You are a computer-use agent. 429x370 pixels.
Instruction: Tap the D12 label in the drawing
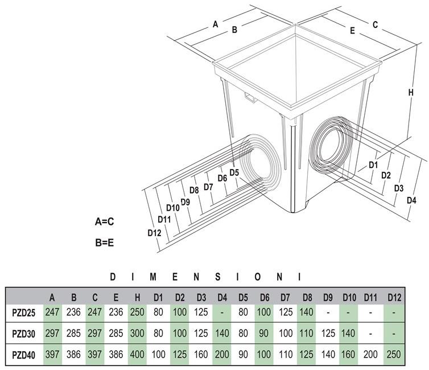click(154, 233)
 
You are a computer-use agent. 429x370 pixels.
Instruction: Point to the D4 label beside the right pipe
click(412, 200)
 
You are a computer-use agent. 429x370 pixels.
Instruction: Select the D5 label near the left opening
click(234, 172)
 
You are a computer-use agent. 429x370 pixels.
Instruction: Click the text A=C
click(108, 221)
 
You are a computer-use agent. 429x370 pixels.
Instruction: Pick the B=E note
click(105, 242)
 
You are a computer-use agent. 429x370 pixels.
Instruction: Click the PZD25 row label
click(24, 312)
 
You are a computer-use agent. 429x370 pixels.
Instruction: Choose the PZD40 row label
click(24, 355)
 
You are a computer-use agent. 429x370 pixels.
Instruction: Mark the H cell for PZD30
click(137, 333)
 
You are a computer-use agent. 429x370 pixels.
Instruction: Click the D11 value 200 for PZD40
click(371, 355)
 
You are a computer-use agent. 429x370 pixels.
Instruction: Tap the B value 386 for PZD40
click(73, 355)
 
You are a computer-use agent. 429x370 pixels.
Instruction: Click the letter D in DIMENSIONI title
click(113, 277)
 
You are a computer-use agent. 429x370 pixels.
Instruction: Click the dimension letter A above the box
click(215, 24)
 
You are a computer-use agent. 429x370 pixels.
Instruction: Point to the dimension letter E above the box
click(352, 30)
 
